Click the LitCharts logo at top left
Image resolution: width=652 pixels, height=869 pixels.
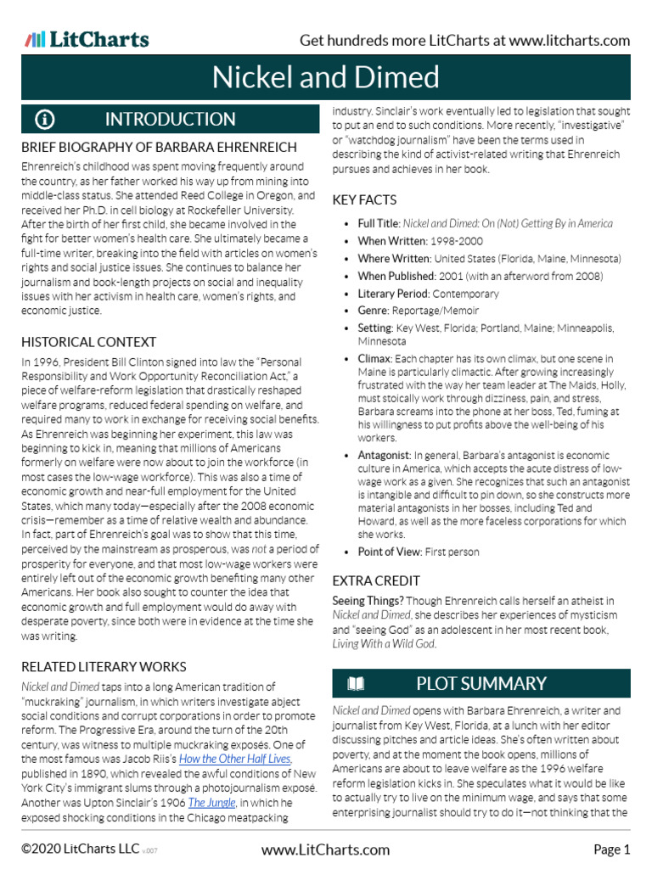[x=87, y=39]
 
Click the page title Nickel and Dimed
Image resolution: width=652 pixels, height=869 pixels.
[x=326, y=78]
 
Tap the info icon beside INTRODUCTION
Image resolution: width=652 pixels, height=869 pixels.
[x=45, y=119]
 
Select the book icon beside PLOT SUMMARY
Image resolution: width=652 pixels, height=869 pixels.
[x=356, y=683]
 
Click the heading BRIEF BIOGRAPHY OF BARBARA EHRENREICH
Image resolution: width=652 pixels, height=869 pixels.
[x=159, y=148]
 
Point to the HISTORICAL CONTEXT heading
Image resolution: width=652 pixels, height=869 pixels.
[x=88, y=342]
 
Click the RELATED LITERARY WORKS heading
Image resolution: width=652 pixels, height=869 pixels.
[x=104, y=666]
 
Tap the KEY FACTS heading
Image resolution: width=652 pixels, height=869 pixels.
[x=364, y=199]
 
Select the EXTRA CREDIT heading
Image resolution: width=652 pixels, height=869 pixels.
[x=376, y=580]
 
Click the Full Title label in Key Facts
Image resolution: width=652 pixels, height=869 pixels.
[x=377, y=223]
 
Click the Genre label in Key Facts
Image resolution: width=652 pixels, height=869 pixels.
[x=374, y=311]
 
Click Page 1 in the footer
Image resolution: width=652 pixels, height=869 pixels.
[x=611, y=849]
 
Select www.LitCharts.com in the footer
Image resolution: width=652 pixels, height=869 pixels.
[x=326, y=849]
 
